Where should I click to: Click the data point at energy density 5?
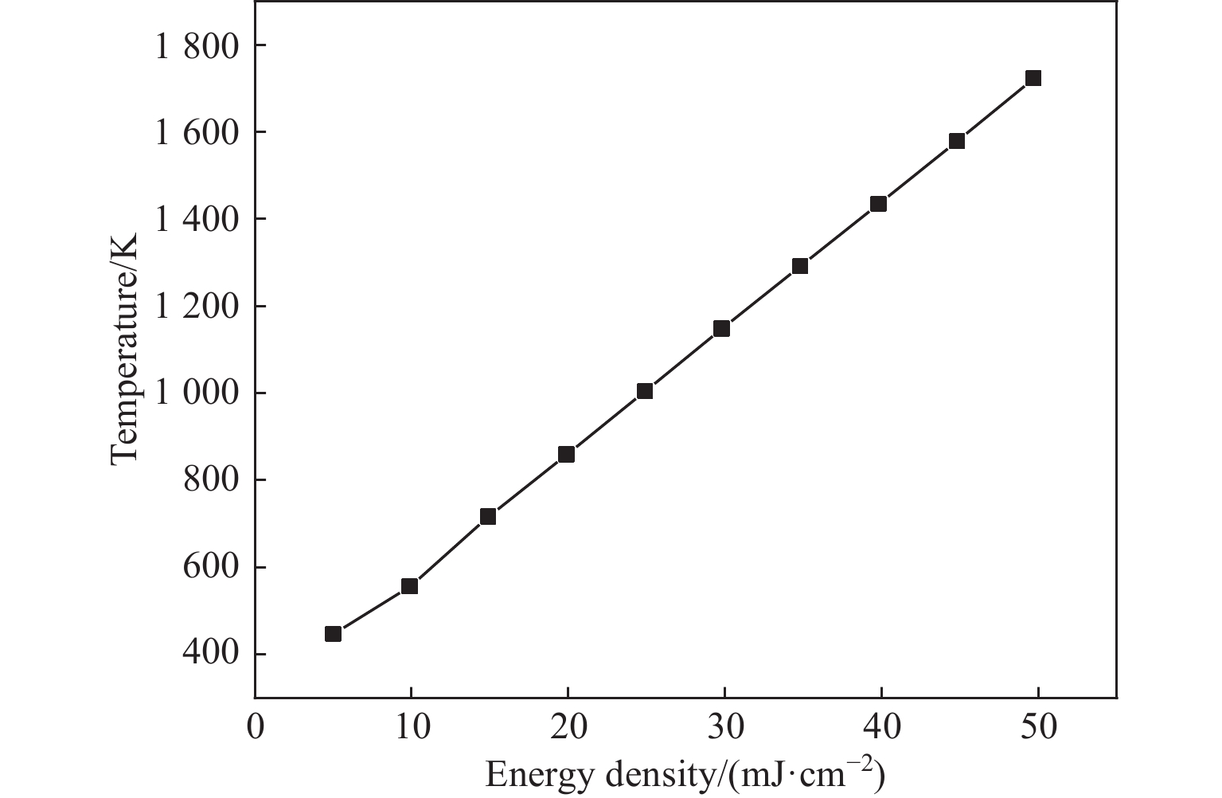(x=334, y=634)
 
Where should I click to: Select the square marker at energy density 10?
(x=410, y=586)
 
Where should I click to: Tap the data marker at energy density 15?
(x=488, y=517)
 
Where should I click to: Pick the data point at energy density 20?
(x=567, y=454)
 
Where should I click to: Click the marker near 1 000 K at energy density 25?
(x=645, y=391)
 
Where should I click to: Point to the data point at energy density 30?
(x=722, y=329)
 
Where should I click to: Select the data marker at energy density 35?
(x=800, y=266)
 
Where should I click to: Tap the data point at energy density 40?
(x=879, y=204)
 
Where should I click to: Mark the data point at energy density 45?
(x=957, y=141)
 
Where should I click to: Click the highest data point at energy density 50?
(x=1033, y=78)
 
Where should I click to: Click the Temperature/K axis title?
(x=125, y=348)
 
